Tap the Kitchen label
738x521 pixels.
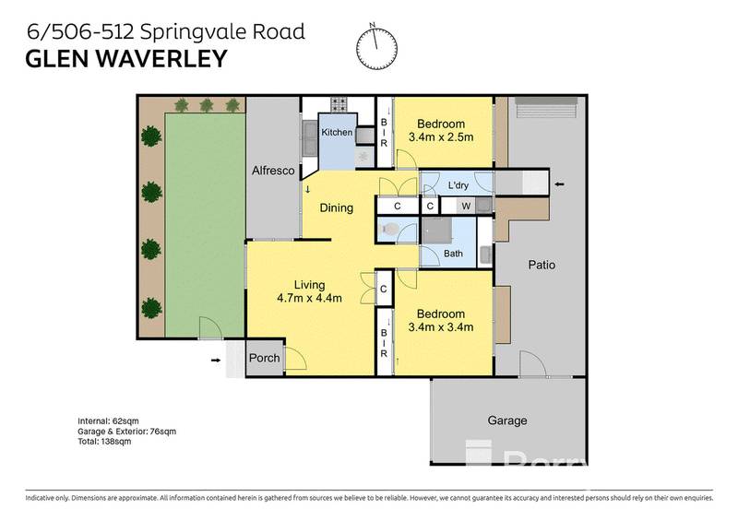click(x=337, y=133)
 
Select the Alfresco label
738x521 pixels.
click(x=273, y=171)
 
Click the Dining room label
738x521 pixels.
click(x=337, y=207)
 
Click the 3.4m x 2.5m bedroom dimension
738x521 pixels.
click(x=440, y=138)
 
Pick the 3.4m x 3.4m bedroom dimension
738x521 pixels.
click(x=440, y=326)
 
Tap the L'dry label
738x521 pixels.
click(x=458, y=185)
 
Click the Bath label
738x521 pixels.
click(x=453, y=253)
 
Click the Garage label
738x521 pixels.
click(x=507, y=420)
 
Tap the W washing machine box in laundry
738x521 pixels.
click(x=465, y=206)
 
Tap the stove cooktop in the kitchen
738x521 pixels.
click(x=339, y=103)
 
